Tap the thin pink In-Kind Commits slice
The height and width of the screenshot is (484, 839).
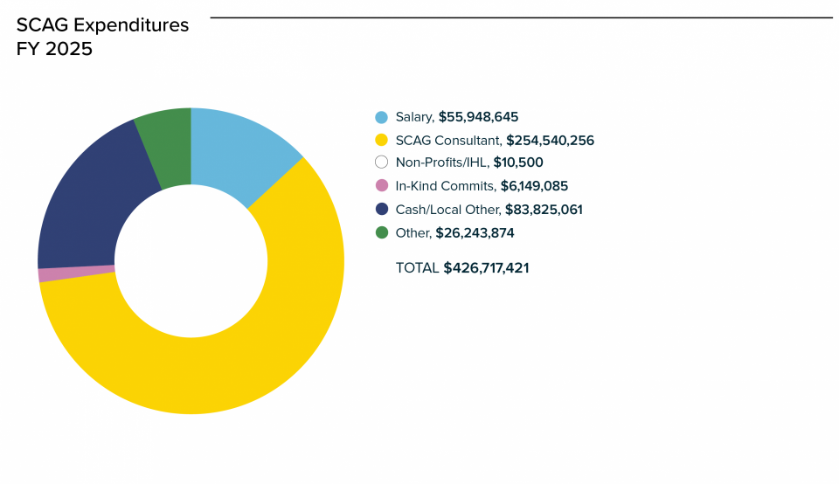[x=77, y=273]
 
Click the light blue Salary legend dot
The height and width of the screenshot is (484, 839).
[x=381, y=117]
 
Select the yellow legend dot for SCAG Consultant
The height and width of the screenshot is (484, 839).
[x=381, y=140]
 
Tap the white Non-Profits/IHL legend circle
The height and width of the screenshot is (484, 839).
[x=381, y=162]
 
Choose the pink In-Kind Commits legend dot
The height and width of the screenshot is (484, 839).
[x=381, y=185]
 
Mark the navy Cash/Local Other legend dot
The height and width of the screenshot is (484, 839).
[x=381, y=209]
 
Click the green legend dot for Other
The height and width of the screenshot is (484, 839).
[x=381, y=232]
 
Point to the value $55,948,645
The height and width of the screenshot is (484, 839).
[x=484, y=117]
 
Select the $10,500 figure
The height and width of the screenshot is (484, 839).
[x=518, y=162]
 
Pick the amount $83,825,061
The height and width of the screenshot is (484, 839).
[x=543, y=210]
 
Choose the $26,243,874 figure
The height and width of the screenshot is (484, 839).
[x=475, y=233]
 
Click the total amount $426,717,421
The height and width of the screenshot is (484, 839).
[x=486, y=268]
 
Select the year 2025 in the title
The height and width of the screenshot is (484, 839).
[x=69, y=49]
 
